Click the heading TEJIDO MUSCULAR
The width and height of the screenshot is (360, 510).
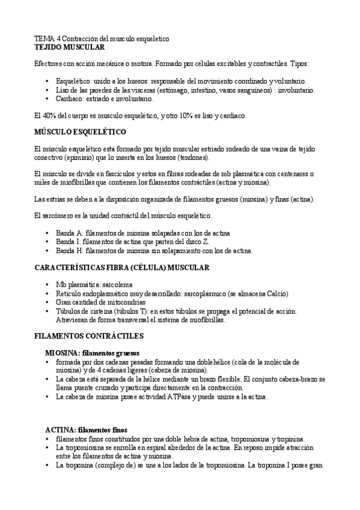coord(70,46)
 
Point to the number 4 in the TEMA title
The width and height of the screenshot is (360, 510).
coord(59,38)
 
